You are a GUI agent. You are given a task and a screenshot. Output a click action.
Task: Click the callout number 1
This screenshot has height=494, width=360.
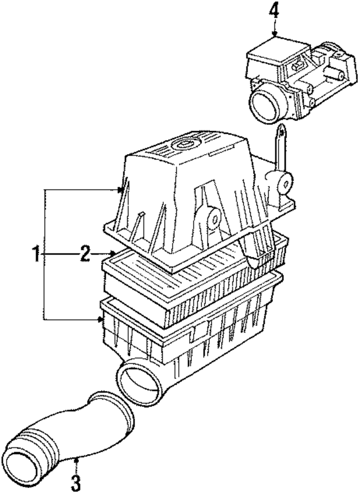[35, 255]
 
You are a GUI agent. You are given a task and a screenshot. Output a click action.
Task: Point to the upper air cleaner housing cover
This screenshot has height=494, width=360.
[180, 186]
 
